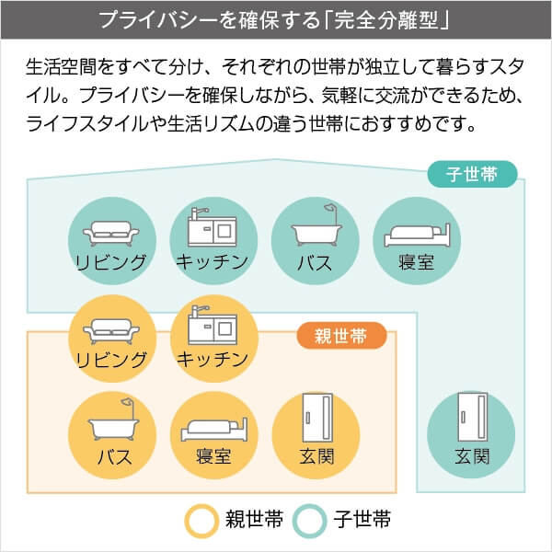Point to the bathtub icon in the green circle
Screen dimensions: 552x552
314,231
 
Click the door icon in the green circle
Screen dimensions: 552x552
471,421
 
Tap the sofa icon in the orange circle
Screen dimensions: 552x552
111,329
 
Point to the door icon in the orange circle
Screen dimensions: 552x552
316,421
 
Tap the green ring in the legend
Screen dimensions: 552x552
310,521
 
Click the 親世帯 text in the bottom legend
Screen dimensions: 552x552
252,521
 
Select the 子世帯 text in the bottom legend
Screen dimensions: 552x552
362,521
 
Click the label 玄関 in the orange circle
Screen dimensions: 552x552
316,456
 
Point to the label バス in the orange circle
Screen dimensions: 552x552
112,456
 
